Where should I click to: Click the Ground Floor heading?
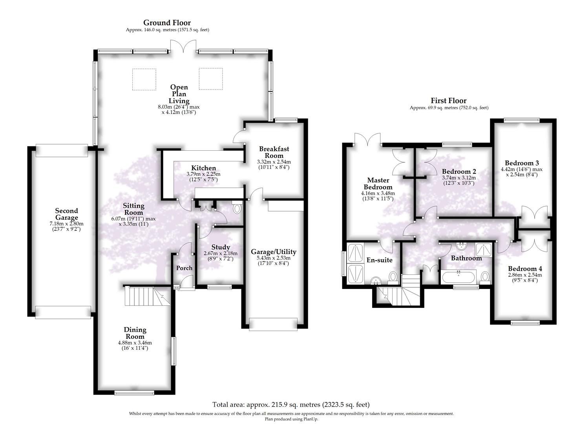[167, 23]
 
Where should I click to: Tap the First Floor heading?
[448, 101]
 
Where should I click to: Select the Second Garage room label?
[66, 214]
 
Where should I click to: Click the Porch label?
[184, 268]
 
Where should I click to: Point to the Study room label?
[220, 247]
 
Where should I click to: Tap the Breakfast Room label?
[274, 152]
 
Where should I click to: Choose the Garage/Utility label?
[273, 252]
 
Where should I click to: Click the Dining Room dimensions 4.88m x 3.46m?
[135, 343]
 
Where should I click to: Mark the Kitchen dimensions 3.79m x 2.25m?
[203, 174]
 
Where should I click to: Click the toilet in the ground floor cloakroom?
[237, 208]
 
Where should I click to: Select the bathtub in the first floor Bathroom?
[459, 277]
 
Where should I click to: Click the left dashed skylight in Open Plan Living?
[144, 79]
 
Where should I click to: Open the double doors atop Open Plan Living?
[183, 46]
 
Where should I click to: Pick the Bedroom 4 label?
[525, 269]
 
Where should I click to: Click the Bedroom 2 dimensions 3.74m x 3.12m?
[459, 177]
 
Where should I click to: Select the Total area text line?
[291, 404]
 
